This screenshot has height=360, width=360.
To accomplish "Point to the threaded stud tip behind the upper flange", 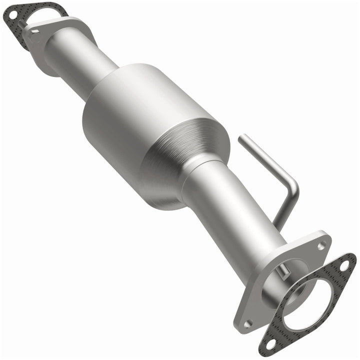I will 20,22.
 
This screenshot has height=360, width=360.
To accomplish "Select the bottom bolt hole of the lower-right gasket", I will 270,343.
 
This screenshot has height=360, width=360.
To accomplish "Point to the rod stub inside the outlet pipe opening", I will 284,272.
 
